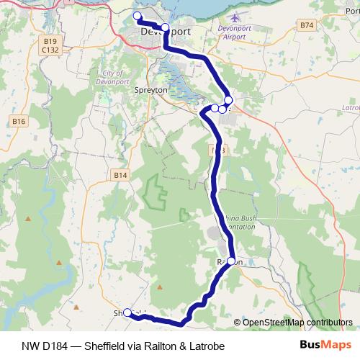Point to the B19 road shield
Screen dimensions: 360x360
click(x=50, y=42)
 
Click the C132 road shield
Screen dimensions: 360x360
click(x=50, y=50)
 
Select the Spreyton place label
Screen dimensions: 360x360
click(x=151, y=91)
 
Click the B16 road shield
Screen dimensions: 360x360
click(x=19, y=122)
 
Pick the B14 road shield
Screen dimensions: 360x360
click(x=120, y=174)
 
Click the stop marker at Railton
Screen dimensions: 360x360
click(x=231, y=261)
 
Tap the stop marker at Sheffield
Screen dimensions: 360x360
click(x=127, y=312)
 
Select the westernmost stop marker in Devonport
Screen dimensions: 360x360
click(x=138, y=16)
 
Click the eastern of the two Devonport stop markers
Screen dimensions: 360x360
click(x=165, y=27)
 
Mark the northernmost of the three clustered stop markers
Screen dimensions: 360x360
click(x=228, y=100)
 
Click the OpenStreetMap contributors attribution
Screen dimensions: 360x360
click(x=295, y=322)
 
